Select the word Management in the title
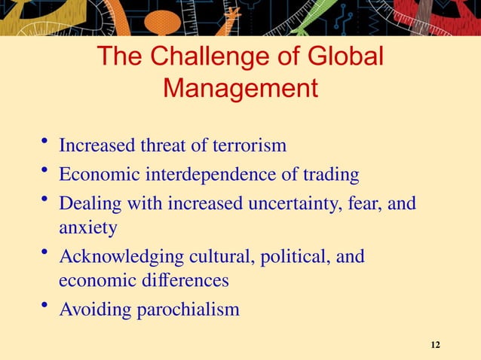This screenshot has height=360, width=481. (240, 89)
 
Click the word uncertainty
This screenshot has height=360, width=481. (295, 204)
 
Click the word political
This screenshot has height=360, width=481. (290, 257)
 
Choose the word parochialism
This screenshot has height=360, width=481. (185, 310)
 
